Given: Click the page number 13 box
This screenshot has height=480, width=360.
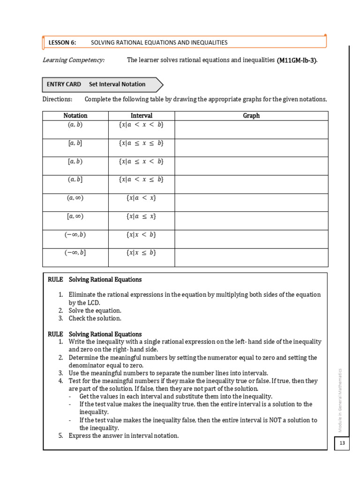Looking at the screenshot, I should point(342,443).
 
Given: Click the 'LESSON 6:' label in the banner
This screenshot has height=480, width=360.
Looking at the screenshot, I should point(62,43).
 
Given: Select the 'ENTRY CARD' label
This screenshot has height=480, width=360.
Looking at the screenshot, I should point(64,84).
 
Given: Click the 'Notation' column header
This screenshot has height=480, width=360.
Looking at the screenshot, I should point(75,116).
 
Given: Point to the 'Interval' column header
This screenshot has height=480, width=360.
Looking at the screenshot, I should point(141,116).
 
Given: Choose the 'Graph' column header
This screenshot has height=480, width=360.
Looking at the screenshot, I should point(251,116).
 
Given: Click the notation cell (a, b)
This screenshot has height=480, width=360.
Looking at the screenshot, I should point(75,125).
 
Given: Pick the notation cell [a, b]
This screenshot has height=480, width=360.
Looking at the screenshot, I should point(75,143).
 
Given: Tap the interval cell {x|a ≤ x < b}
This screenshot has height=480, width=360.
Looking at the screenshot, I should point(141,161).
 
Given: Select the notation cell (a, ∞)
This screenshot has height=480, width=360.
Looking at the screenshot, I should point(75,198).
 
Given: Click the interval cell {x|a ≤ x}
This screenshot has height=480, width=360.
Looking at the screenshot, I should point(141,216).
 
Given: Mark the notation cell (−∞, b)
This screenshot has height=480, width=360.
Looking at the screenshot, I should point(75,234).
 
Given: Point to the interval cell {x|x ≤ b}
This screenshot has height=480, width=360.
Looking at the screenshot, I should point(141,253).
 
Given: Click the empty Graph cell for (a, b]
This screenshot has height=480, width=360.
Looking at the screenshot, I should point(251,184).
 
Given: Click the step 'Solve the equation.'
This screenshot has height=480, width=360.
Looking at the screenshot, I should point(95,310).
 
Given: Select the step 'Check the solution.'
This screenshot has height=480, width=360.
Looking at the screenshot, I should point(95,318).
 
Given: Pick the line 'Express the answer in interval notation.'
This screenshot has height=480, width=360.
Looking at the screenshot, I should point(124,435).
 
